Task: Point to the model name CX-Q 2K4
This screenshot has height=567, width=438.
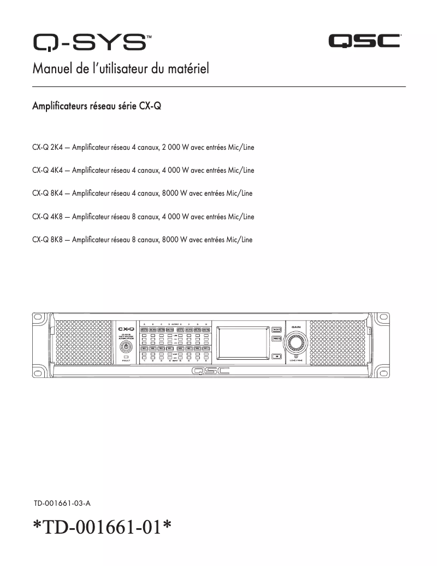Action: pos(48,148)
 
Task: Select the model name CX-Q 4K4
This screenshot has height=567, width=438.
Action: pos(48,171)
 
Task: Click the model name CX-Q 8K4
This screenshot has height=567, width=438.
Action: pos(48,194)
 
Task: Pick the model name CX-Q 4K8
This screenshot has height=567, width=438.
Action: pos(48,217)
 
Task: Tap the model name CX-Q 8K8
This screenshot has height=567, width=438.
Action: pos(48,239)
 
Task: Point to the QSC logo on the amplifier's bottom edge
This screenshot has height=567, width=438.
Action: pos(210,372)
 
